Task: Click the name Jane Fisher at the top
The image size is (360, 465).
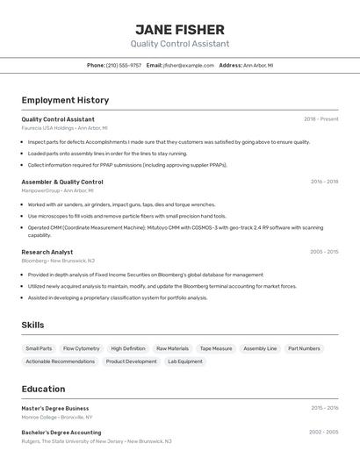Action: tap(180, 29)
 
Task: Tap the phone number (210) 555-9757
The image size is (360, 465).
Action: tap(124, 65)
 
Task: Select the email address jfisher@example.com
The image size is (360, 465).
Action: tap(189, 65)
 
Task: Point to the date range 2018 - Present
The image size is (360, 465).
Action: tap(320, 119)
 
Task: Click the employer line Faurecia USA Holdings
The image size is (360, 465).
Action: tap(47, 128)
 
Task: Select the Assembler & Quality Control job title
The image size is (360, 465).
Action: tap(61, 182)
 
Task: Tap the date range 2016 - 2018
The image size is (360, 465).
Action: tap(324, 182)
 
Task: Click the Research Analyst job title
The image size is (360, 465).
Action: tap(47, 252)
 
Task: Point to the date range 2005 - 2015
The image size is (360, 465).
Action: tap(324, 252)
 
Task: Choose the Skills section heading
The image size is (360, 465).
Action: tap(32, 325)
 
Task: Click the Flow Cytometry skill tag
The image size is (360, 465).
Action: tap(82, 348)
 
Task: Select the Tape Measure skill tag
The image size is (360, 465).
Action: tap(216, 348)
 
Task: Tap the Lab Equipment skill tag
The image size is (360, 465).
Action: tap(185, 361)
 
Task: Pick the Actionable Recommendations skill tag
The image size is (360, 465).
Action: tap(60, 361)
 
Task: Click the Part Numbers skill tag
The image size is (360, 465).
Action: tap(304, 348)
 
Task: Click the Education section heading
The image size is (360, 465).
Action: tap(43, 390)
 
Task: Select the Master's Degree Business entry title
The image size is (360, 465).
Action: tap(55, 408)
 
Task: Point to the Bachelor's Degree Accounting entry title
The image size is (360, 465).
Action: tap(61, 433)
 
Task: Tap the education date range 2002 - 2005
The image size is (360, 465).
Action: tap(324, 433)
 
